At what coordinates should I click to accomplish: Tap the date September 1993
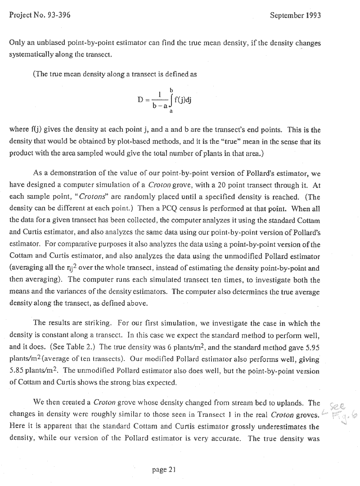tap(295, 15)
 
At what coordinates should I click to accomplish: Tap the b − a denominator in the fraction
tap(160, 106)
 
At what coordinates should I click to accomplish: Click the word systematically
tap(31, 55)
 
